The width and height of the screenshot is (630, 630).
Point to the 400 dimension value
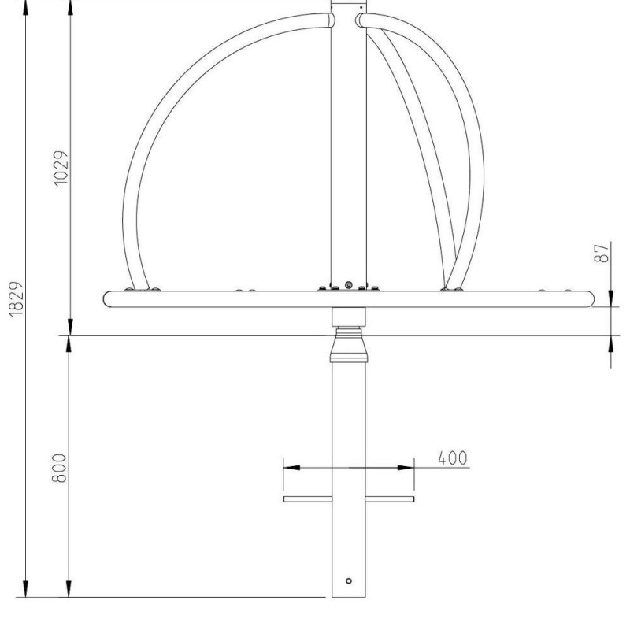click(x=452, y=458)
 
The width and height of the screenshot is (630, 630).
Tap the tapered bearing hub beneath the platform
click(x=349, y=346)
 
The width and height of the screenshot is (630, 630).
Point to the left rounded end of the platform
click(x=108, y=298)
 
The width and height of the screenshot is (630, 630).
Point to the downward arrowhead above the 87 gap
click(x=612, y=298)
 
